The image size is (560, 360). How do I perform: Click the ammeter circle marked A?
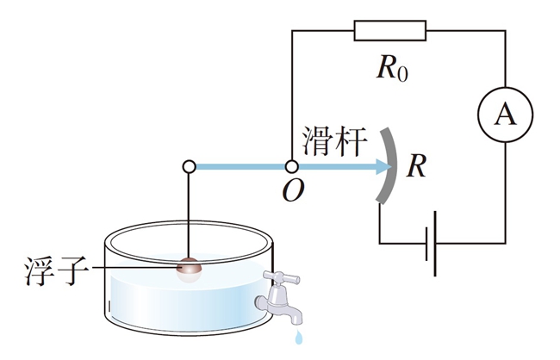[506, 115]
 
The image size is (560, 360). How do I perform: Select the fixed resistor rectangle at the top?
[390, 31]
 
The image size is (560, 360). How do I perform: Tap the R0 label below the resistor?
[392, 69]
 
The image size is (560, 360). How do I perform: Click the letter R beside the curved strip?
[416, 166]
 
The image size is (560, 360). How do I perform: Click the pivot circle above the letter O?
[292, 166]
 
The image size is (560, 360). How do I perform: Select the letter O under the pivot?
[293, 190]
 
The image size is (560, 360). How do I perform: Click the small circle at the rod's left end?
[189, 166]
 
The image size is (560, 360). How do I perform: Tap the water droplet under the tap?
[299, 337]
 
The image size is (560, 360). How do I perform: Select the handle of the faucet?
[282, 277]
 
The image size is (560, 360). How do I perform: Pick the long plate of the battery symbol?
[435, 244]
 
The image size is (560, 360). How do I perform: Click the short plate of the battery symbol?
[426, 244]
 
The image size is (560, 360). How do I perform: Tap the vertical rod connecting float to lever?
[189, 215]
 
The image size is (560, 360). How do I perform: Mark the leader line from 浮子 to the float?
[134, 267]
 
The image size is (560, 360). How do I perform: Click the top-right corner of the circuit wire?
[506, 31]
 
